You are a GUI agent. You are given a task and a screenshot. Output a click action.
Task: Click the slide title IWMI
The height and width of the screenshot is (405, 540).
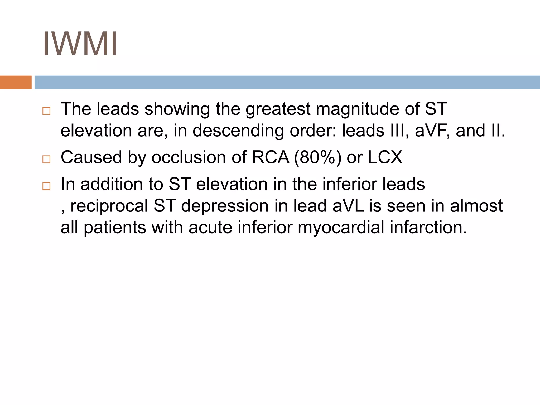(x=80, y=44)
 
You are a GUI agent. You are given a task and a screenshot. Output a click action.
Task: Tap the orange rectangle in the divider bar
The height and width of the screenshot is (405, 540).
(x=16, y=82)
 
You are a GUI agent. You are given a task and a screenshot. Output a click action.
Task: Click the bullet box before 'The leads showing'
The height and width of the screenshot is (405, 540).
(x=46, y=111)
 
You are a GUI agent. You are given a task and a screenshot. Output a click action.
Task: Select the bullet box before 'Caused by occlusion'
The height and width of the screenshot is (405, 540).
(x=46, y=159)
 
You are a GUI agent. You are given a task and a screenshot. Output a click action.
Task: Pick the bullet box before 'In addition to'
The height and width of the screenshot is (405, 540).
(x=46, y=186)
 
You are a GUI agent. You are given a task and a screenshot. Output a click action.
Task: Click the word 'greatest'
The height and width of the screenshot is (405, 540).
(x=278, y=109)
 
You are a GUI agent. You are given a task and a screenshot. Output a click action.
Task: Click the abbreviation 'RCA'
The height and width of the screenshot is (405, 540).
(x=271, y=157)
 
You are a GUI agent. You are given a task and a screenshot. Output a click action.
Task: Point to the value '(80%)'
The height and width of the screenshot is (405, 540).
(x=317, y=157)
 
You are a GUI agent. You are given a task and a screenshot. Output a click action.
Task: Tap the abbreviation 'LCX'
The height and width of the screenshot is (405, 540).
(x=385, y=157)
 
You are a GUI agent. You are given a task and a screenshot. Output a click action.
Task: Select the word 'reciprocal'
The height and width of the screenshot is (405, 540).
(x=109, y=206)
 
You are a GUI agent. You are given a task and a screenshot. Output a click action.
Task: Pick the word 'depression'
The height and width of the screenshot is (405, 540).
(x=225, y=206)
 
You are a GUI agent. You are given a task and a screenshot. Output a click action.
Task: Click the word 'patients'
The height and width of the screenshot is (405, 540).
(x=115, y=227)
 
